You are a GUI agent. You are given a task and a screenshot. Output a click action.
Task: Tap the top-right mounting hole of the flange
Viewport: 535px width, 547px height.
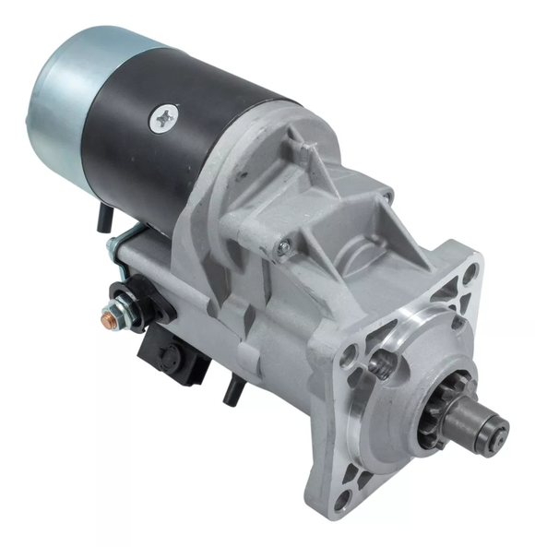(469, 272)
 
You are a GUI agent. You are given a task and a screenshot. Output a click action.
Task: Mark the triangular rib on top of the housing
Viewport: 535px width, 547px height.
(304, 158)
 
